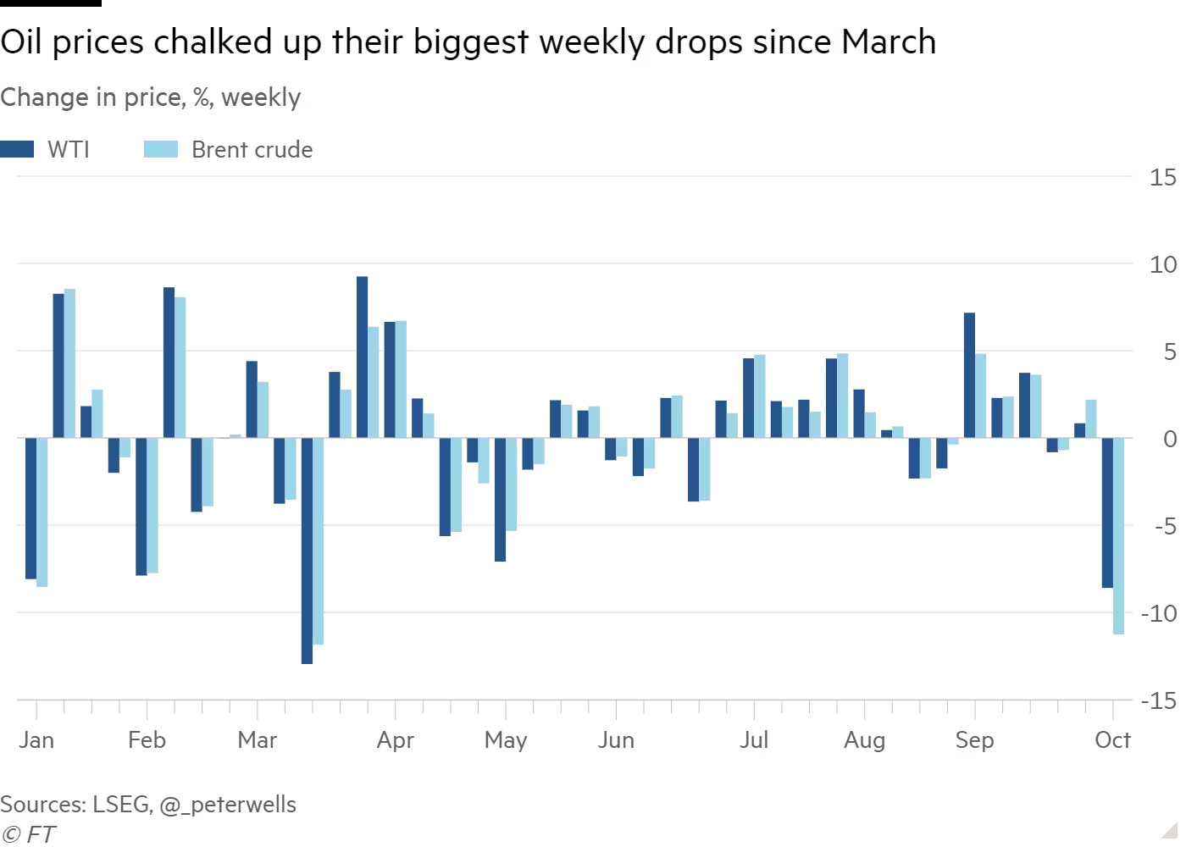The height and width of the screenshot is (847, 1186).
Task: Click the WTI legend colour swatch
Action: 17,150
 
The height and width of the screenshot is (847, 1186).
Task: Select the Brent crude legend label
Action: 252,150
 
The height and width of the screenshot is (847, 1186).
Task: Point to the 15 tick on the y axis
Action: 1162,178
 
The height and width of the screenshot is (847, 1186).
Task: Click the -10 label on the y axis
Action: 1157,613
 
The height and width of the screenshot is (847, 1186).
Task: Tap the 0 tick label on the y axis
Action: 1170,439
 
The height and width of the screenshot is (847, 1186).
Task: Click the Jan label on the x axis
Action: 36,740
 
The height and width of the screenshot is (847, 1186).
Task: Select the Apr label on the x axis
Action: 395,740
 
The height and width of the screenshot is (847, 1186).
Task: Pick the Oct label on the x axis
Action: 1112,740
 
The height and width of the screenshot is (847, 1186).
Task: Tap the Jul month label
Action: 753,740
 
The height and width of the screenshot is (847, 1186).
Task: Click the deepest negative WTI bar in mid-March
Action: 307,551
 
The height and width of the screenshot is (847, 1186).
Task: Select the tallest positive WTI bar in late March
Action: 362,357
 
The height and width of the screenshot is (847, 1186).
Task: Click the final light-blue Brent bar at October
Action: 1118,535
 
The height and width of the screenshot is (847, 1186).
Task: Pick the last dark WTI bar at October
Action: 1106,512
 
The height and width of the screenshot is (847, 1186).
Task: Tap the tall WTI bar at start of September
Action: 969,375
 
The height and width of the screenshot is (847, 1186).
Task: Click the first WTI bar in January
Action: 30,508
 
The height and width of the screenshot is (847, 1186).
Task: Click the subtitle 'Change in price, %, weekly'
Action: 151,97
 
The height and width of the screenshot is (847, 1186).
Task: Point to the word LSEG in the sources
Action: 121,805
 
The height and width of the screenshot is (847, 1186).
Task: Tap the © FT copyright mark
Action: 28,834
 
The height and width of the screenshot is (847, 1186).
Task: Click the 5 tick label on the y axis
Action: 1170,352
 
